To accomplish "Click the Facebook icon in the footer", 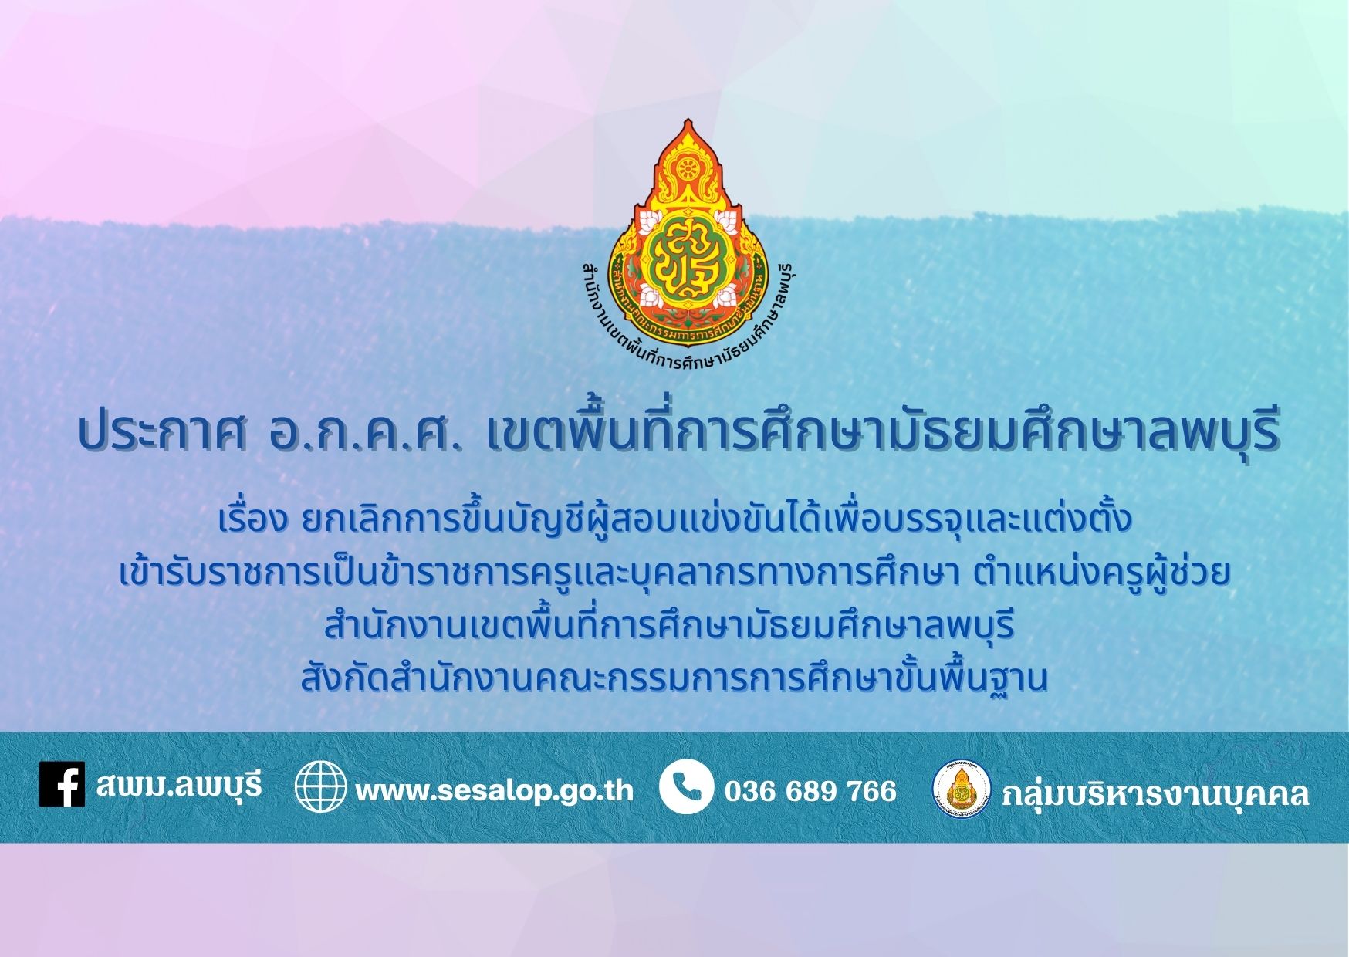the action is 62,785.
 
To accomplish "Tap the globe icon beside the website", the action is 320,786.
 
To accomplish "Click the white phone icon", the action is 686,786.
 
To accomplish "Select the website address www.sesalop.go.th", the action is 494,790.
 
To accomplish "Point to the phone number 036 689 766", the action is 810,791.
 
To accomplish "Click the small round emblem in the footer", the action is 962,790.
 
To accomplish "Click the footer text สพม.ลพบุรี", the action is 179,785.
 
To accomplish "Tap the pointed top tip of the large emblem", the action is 688,120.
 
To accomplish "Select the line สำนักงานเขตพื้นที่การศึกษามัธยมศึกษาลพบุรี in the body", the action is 668,625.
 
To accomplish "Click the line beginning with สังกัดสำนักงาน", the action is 674,678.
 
